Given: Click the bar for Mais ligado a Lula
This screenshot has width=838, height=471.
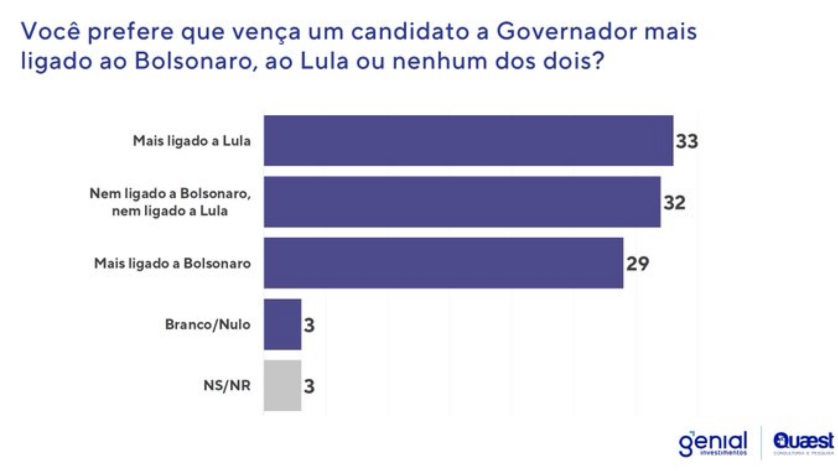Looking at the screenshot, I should tap(468, 140).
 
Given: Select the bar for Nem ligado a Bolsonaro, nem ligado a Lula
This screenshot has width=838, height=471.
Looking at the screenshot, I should tap(462, 202).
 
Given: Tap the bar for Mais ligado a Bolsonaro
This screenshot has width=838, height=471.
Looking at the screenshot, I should tap(443, 263).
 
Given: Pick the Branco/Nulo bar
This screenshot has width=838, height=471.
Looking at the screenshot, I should tap(282, 324).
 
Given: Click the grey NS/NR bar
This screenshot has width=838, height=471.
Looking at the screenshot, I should tap(282, 386).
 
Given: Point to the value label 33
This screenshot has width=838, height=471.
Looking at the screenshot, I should tap(687, 141).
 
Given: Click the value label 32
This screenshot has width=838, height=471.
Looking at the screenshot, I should tap(674, 202).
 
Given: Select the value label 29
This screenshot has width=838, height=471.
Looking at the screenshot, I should tap(638, 263).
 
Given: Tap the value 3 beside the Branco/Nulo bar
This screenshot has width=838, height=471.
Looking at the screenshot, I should tap(309, 325).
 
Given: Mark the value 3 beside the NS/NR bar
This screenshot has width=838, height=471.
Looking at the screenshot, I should tap(309, 386).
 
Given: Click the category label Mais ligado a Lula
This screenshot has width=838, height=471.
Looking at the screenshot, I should tap(192, 141).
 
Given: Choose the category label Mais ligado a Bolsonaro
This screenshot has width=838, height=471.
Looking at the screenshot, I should tap(172, 263).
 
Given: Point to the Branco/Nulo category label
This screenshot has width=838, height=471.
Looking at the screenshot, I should tap(208, 324).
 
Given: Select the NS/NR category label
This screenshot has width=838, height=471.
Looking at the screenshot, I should tap(227, 386).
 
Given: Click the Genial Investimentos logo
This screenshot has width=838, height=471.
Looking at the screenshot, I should tap(713, 444).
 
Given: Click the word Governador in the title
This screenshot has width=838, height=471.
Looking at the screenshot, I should tap(567, 32).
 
